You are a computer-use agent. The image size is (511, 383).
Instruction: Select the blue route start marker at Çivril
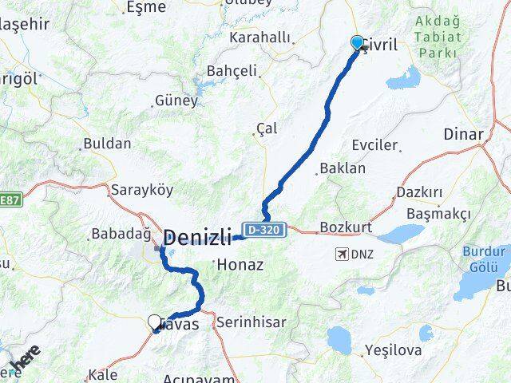(x=356, y=42)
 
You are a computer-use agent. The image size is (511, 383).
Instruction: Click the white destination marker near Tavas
(x=155, y=322)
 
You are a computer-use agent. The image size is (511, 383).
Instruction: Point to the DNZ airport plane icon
(x=343, y=255)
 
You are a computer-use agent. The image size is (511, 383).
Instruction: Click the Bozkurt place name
(x=346, y=227)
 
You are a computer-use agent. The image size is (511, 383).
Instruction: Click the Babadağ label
(x=121, y=234)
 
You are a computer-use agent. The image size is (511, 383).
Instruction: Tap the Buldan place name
(x=107, y=144)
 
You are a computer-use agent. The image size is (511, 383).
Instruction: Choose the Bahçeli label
(x=232, y=71)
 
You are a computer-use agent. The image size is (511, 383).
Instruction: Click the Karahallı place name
(x=260, y=37)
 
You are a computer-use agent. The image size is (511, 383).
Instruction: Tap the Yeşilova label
(x=390, y=349)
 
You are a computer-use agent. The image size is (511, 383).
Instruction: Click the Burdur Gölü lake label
(x=484, y=258)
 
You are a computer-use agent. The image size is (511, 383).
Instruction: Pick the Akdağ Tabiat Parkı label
(x=436, y=38)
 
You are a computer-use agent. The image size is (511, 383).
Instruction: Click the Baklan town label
(x=342, y=168)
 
